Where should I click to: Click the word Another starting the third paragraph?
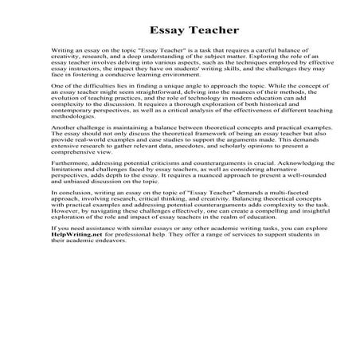tap(62, 149)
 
